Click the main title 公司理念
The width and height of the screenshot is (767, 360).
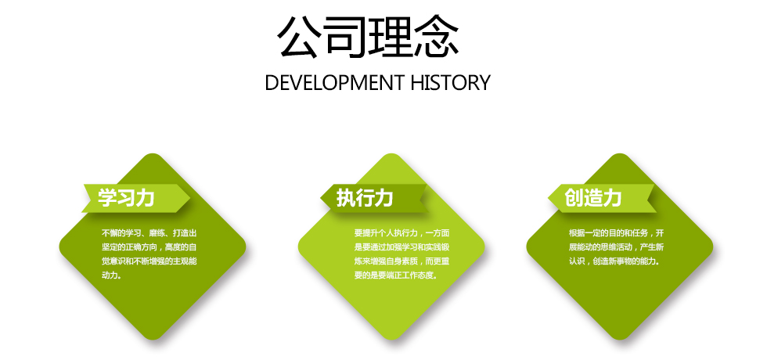pos(369,38)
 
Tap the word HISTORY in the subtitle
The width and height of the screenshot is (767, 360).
pos(450,83)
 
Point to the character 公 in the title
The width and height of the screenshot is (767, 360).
pos(299,38)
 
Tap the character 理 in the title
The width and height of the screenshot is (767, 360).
pos(391,38)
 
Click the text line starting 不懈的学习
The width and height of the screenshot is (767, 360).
pos(149,233)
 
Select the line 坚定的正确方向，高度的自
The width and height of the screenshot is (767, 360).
pos(149,247)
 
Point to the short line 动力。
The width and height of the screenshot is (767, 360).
pos(111,275)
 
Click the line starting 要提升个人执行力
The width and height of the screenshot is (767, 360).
pos(402,233)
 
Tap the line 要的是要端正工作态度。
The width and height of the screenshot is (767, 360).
pos(396,275)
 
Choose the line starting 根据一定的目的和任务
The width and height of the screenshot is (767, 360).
pos(617,233)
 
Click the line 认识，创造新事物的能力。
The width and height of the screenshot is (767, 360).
pos(614,261)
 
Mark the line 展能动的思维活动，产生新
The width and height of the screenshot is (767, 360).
pos(617,247)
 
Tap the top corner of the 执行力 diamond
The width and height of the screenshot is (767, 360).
pos(391,153)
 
